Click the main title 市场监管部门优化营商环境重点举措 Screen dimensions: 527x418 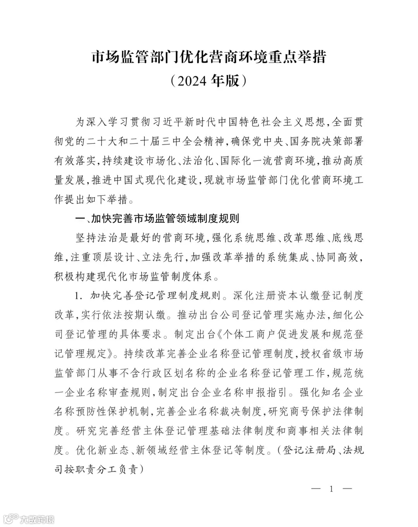pyautogui.click(x=209, y=57)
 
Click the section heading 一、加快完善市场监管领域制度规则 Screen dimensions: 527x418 pyautogui.click(x=158, y=219)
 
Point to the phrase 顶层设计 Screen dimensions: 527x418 pyautogui.click(x=113, y=257)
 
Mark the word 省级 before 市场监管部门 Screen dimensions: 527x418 pyautogui.click(x=331, y=354)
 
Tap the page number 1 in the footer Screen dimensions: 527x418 pyautogui.click(x=331, y=489)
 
